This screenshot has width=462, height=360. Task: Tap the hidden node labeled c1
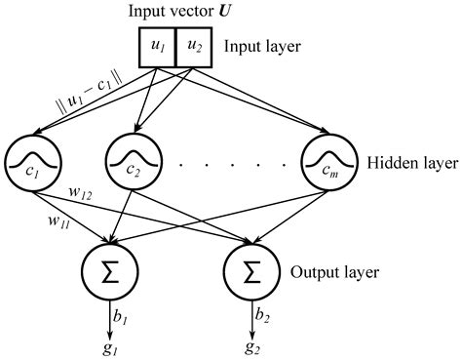point(30,159)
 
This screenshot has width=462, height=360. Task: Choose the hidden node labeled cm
point(327,159)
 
